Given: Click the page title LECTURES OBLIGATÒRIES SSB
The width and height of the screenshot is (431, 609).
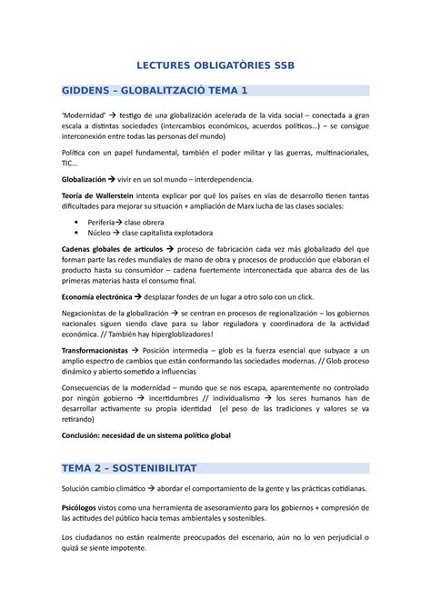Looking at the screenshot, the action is pos(215,65).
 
